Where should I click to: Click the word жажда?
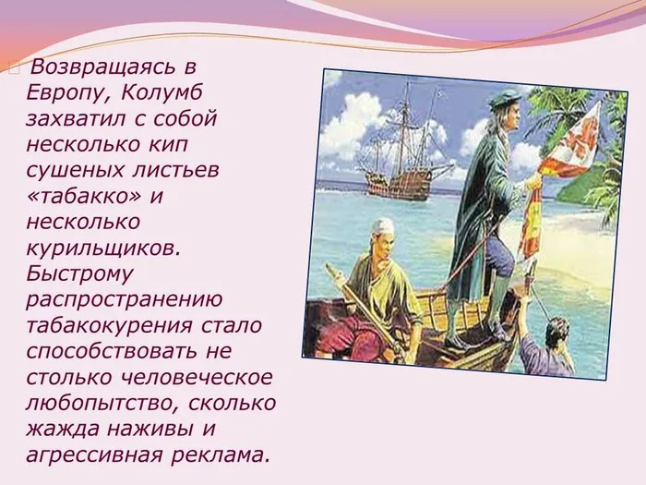(62, 427)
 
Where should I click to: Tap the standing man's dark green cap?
(506, 98)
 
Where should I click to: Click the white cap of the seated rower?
(383, 226)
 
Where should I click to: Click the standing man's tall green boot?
(498, 300)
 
